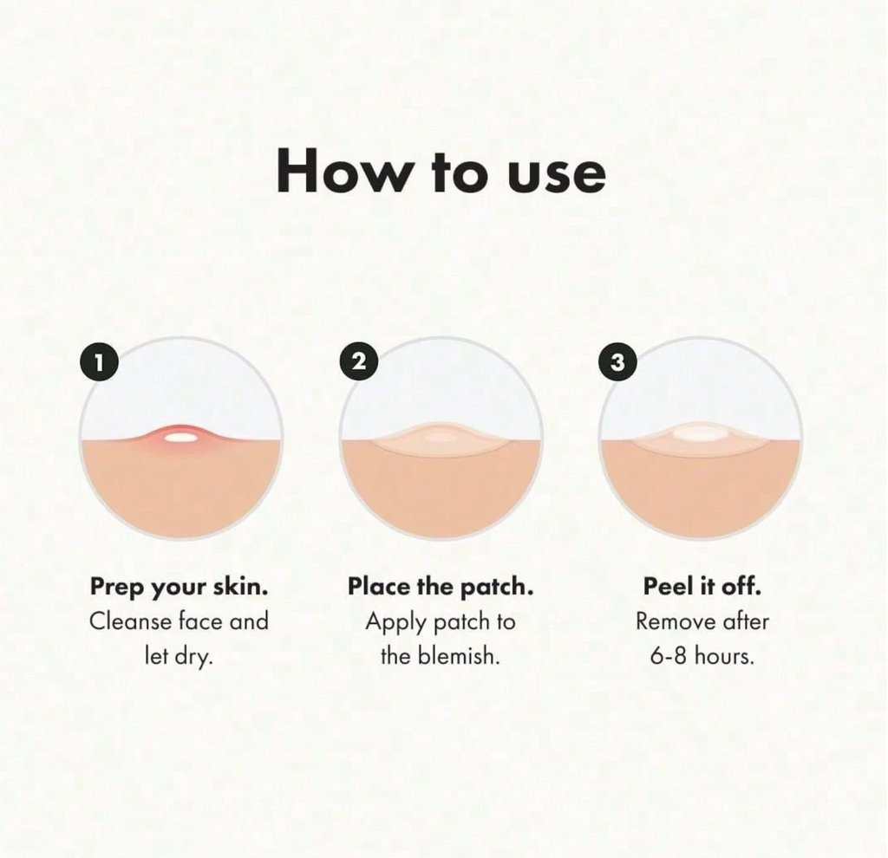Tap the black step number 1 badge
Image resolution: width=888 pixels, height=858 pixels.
click(x=99, y=362)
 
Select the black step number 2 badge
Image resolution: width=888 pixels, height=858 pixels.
click(x=358, y=361)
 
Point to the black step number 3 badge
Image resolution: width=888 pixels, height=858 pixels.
click(x=617, y=362)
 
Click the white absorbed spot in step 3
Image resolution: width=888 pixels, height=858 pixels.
click(x=699, y=433)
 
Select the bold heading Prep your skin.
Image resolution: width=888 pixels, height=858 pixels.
click(x=179, y=587)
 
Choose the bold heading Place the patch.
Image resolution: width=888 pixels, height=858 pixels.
click(x=441, y=587)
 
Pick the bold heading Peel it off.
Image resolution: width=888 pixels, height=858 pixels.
click(x=702, y=587)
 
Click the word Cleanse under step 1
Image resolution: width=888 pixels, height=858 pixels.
click(x=130, y=621)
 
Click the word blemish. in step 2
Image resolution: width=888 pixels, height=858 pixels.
click(x=460, y=656)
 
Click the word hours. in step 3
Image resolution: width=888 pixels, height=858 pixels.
click(x=724, y=656)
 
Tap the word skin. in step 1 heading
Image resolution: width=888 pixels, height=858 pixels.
click(x=241, y=586)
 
